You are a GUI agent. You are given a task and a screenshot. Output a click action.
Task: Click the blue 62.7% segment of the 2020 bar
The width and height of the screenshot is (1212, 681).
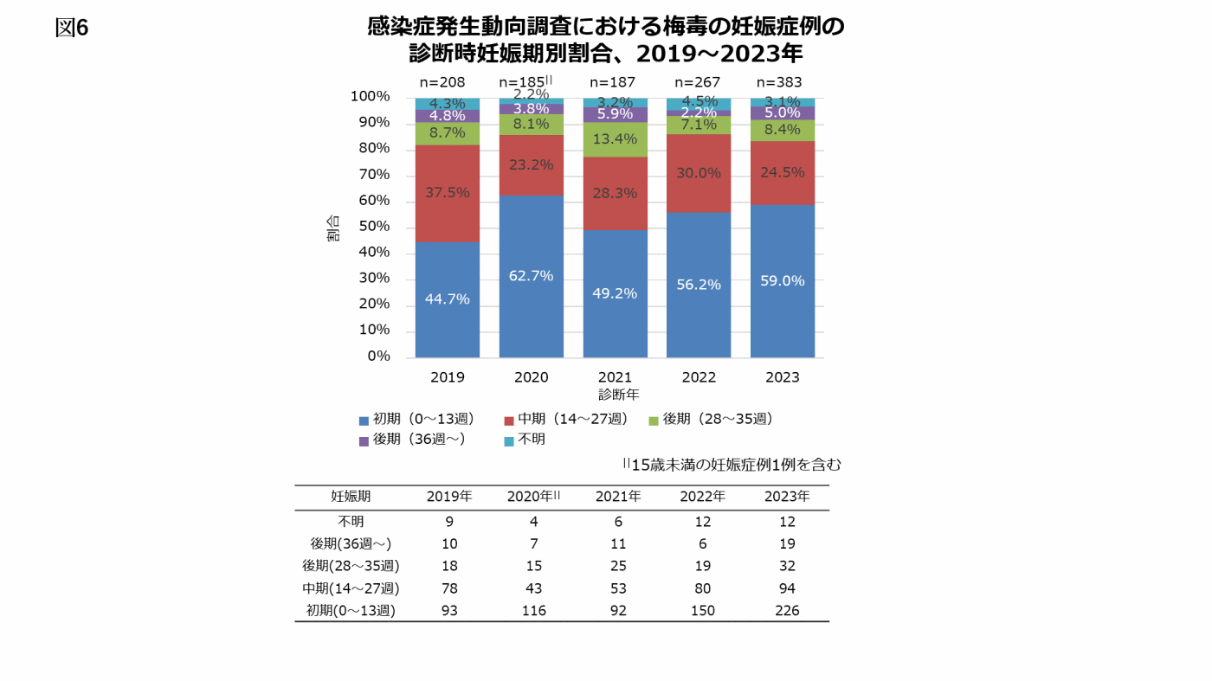531,276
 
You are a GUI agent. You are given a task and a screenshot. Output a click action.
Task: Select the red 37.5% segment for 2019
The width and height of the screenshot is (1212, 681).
447,192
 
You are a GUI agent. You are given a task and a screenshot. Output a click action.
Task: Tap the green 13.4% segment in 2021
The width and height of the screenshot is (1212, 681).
615,139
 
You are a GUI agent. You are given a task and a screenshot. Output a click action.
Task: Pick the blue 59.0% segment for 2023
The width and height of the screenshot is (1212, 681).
782,280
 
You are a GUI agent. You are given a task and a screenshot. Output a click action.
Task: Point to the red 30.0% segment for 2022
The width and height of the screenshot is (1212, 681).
698,173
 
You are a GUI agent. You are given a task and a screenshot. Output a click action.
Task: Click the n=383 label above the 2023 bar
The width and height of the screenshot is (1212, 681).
779,82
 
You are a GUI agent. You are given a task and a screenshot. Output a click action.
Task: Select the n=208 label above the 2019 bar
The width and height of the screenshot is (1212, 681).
442,82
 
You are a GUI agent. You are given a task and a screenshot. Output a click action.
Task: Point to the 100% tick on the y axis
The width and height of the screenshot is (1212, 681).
371,97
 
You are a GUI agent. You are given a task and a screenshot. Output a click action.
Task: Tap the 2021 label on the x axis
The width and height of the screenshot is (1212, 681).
615,377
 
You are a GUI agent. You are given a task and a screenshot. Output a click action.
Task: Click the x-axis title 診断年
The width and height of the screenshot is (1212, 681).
618,395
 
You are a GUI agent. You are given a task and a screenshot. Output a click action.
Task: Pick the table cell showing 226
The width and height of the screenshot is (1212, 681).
787,610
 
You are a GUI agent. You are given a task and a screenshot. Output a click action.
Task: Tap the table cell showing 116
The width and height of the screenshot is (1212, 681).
533,610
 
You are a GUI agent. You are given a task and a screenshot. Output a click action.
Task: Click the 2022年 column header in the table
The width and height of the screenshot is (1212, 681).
702,497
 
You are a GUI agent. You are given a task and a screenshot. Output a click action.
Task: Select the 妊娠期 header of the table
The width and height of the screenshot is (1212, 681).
351,497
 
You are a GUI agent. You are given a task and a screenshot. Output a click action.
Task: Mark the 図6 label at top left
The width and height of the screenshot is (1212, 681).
72,28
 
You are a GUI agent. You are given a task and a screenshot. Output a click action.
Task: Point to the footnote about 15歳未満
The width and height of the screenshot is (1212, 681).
732,465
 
